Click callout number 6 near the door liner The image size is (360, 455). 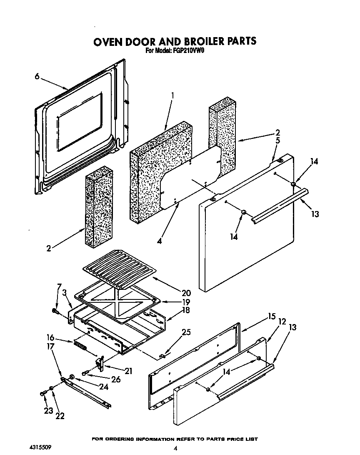[x=37, y=76]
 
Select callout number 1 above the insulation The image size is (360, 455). [x=173, y=95]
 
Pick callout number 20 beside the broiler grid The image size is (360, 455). [x=186, y=293]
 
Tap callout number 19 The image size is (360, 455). [x=186, y=302]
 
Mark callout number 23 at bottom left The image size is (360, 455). [x=48, y=410]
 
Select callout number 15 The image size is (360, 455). [x=272, y=317]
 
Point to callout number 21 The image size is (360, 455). [x=128, y=370]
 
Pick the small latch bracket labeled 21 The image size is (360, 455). [x=100, y=362]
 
